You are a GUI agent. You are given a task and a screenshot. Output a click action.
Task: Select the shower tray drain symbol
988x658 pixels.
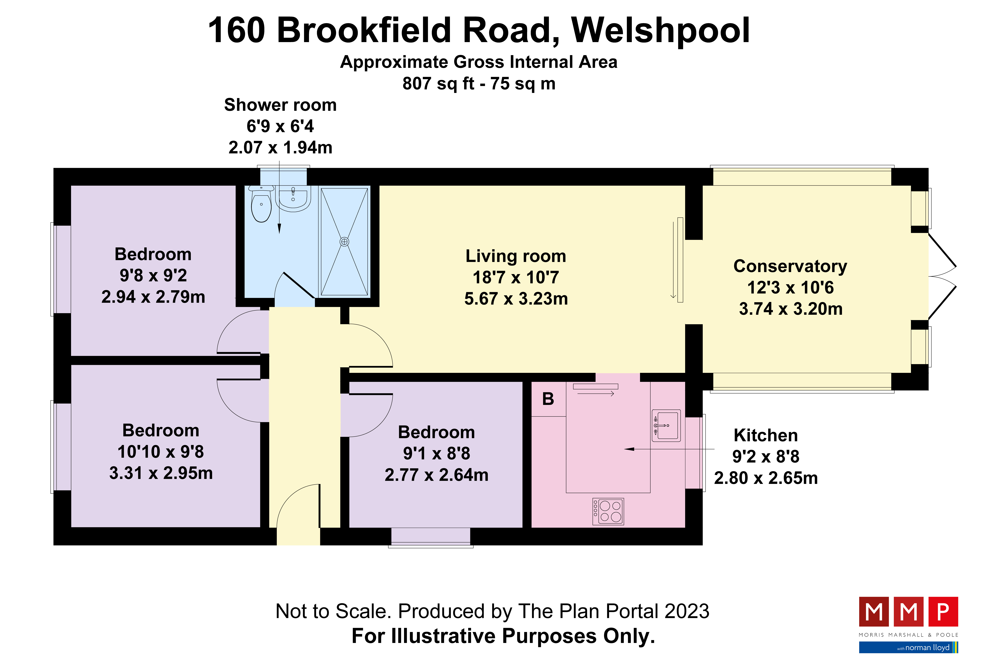(344, 242)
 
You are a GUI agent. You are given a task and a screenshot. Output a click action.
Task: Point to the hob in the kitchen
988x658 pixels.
(608, 512)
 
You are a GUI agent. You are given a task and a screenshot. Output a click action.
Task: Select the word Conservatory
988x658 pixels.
(790, 266)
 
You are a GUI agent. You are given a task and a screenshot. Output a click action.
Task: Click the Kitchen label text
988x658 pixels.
(766, 435)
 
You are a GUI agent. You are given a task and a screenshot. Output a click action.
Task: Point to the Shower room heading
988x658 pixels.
(280, 105)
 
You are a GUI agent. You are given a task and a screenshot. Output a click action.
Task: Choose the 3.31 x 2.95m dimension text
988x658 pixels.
(161, 473)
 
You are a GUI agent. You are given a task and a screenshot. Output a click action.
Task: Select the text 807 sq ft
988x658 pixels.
(438, 84)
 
